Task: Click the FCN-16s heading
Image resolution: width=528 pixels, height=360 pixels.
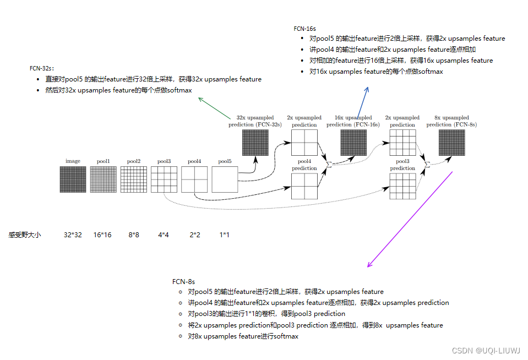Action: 304,28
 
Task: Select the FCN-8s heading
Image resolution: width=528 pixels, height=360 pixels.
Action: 183,281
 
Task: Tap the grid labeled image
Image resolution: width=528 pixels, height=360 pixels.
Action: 73,179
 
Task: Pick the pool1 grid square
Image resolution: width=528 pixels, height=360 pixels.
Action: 103,179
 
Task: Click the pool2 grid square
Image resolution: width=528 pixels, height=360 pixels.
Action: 134,179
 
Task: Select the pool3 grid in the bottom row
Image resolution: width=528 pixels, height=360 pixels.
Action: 164,179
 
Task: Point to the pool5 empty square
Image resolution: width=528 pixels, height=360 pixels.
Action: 225,179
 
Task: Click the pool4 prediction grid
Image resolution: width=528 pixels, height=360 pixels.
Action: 304,186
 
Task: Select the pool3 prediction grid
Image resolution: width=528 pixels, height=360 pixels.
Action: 402,186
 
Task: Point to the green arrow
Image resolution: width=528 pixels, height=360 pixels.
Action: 217,107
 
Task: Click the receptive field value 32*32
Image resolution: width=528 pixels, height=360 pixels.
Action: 73,235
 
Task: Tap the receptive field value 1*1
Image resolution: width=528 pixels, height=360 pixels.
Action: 224,235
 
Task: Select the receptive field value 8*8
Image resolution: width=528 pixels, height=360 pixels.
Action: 134,235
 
